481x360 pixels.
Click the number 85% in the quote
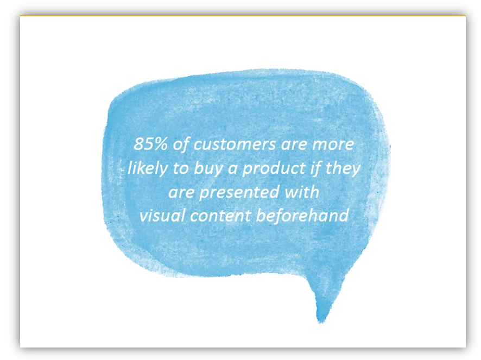tap(150, 144)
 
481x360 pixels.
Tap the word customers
tap(235, 144)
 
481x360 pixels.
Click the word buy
tap(208, 168)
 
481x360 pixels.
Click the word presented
tap(239, 193)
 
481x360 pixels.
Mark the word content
tap(220, 216)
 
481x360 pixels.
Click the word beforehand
tap(302, 215)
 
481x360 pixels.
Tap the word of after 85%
tap(180, 144)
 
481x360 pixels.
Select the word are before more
tap(294, 145)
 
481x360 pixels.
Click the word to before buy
tap(180, 169)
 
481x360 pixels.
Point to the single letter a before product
tap(232, 169)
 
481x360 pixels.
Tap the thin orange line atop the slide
tap(243, 15)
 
